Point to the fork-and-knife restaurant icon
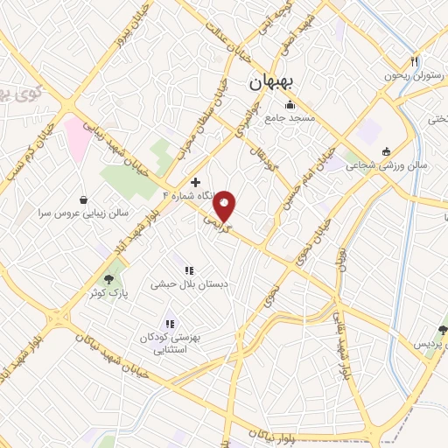coord(415,61)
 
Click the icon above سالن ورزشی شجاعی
coord(386,151)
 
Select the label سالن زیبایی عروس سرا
coord(83,213)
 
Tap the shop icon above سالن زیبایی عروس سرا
coord(83,199)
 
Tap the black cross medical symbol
coord(194,182)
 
